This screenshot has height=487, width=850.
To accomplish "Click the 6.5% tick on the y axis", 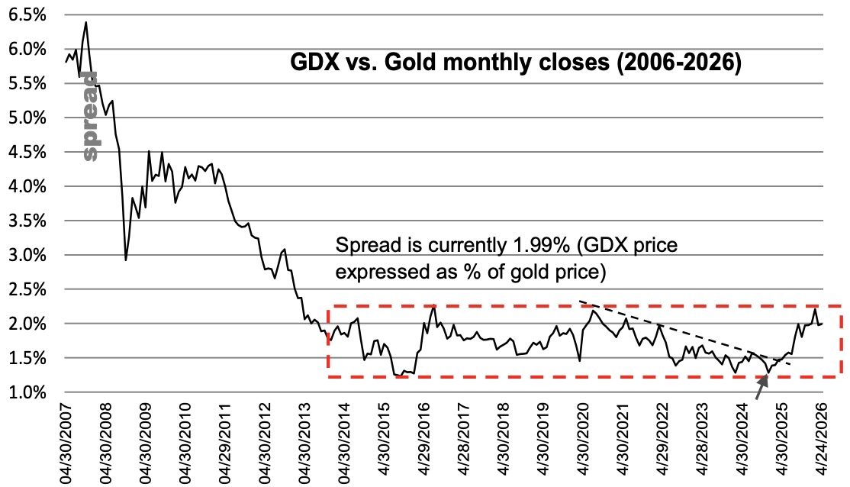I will point(24,15).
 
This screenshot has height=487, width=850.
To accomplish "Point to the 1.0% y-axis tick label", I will point(24,392).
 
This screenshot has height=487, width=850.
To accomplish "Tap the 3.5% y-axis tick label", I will point(24,221).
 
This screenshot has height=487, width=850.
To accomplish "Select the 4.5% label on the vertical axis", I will point(24,153).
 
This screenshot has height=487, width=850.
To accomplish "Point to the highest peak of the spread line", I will point(86,23).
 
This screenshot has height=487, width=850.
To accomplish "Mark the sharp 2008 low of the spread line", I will point(126,260).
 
